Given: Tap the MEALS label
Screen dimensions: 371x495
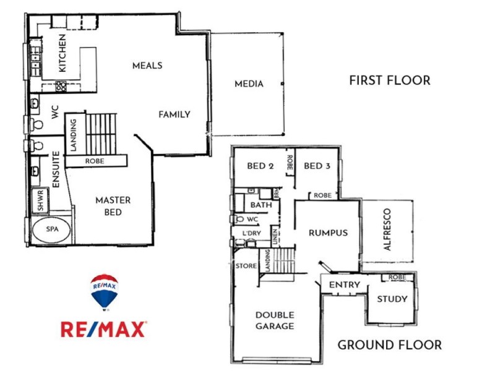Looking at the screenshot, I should [x=147, y=66].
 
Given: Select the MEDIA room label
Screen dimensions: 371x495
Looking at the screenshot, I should [x=248, y=84].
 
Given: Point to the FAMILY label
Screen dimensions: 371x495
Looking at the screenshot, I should [x=174, y=114].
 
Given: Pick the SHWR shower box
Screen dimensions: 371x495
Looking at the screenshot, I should [x=40, y=200].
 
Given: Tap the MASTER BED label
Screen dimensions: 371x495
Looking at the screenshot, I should [x=113, y=206].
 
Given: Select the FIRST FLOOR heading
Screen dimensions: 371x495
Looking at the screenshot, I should [x=389, y=80].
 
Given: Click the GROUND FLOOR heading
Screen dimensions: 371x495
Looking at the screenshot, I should [x=389, y=345].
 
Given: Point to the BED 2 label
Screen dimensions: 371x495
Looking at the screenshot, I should [x=260, y=166].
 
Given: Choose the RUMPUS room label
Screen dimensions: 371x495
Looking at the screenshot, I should [x=328, y=233].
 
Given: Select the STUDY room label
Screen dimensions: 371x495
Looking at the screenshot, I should [x=392, y=299].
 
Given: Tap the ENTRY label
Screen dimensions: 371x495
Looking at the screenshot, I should [x=345, y=284].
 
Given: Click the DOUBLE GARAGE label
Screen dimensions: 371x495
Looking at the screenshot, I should [x=274, y=320].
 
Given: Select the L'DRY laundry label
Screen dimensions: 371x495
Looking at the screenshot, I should [x=251, y=232].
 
